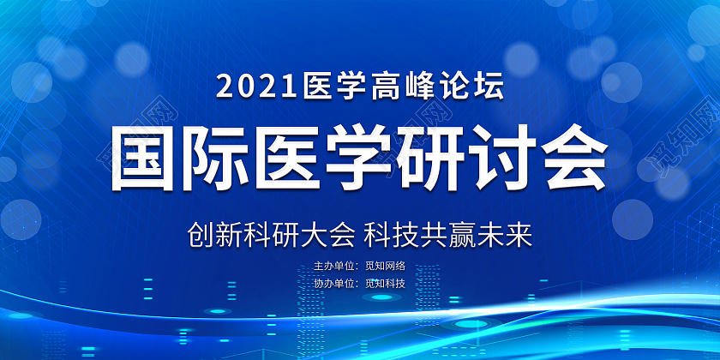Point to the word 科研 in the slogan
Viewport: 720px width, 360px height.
270,232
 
